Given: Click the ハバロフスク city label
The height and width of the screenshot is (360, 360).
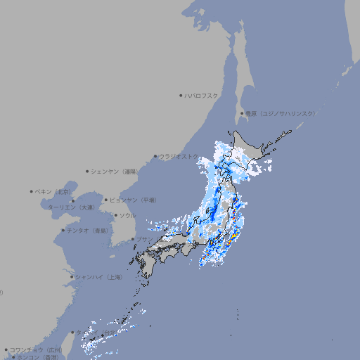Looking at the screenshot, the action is (202, 95).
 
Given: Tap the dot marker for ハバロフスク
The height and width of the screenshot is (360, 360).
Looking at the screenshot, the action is (181, 95).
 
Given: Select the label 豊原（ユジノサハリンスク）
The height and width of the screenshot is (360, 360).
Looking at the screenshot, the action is (280, 113).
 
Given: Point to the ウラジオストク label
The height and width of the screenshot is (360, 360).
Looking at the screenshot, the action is (179, 156).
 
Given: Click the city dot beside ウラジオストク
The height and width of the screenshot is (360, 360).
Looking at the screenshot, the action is (155, 156).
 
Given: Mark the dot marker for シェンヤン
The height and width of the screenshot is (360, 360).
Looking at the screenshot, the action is (88, 171).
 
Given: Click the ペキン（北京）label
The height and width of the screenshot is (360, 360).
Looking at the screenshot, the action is (54, 191).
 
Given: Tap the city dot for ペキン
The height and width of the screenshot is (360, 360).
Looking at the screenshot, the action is (32, 191).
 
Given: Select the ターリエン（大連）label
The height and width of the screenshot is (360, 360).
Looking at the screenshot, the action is (71, 207).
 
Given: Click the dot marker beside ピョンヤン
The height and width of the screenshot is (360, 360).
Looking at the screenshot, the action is (106, 200).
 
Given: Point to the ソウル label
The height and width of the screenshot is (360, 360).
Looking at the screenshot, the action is (127, 215).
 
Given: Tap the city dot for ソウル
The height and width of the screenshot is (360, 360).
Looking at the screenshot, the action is (114, 215).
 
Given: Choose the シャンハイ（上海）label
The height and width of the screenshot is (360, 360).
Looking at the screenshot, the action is (98, 277).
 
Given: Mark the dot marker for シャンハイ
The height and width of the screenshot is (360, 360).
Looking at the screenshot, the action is (72, 277).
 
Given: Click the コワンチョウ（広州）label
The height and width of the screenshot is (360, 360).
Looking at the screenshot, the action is (37, 349).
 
